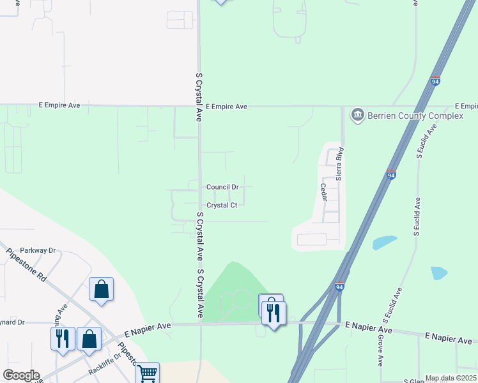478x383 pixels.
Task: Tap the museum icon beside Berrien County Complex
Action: point(357,116)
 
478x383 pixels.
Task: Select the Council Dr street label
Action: point(222,187)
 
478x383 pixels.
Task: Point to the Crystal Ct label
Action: point(222,206)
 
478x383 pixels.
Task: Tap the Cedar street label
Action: point(323,192)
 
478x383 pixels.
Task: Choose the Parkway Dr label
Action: point(38,251)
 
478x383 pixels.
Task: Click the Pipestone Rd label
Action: point(26,267)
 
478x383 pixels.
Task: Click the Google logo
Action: point(21,375)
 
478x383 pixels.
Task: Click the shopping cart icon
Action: point(147,373)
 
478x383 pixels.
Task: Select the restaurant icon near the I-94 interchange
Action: point(274,312)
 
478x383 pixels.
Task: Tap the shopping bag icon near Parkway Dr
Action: point(102,289)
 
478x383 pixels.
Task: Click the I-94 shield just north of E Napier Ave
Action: point(339,288)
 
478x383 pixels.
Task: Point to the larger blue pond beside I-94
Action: point(384,243)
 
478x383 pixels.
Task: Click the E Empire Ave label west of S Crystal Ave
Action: point(59,105)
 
